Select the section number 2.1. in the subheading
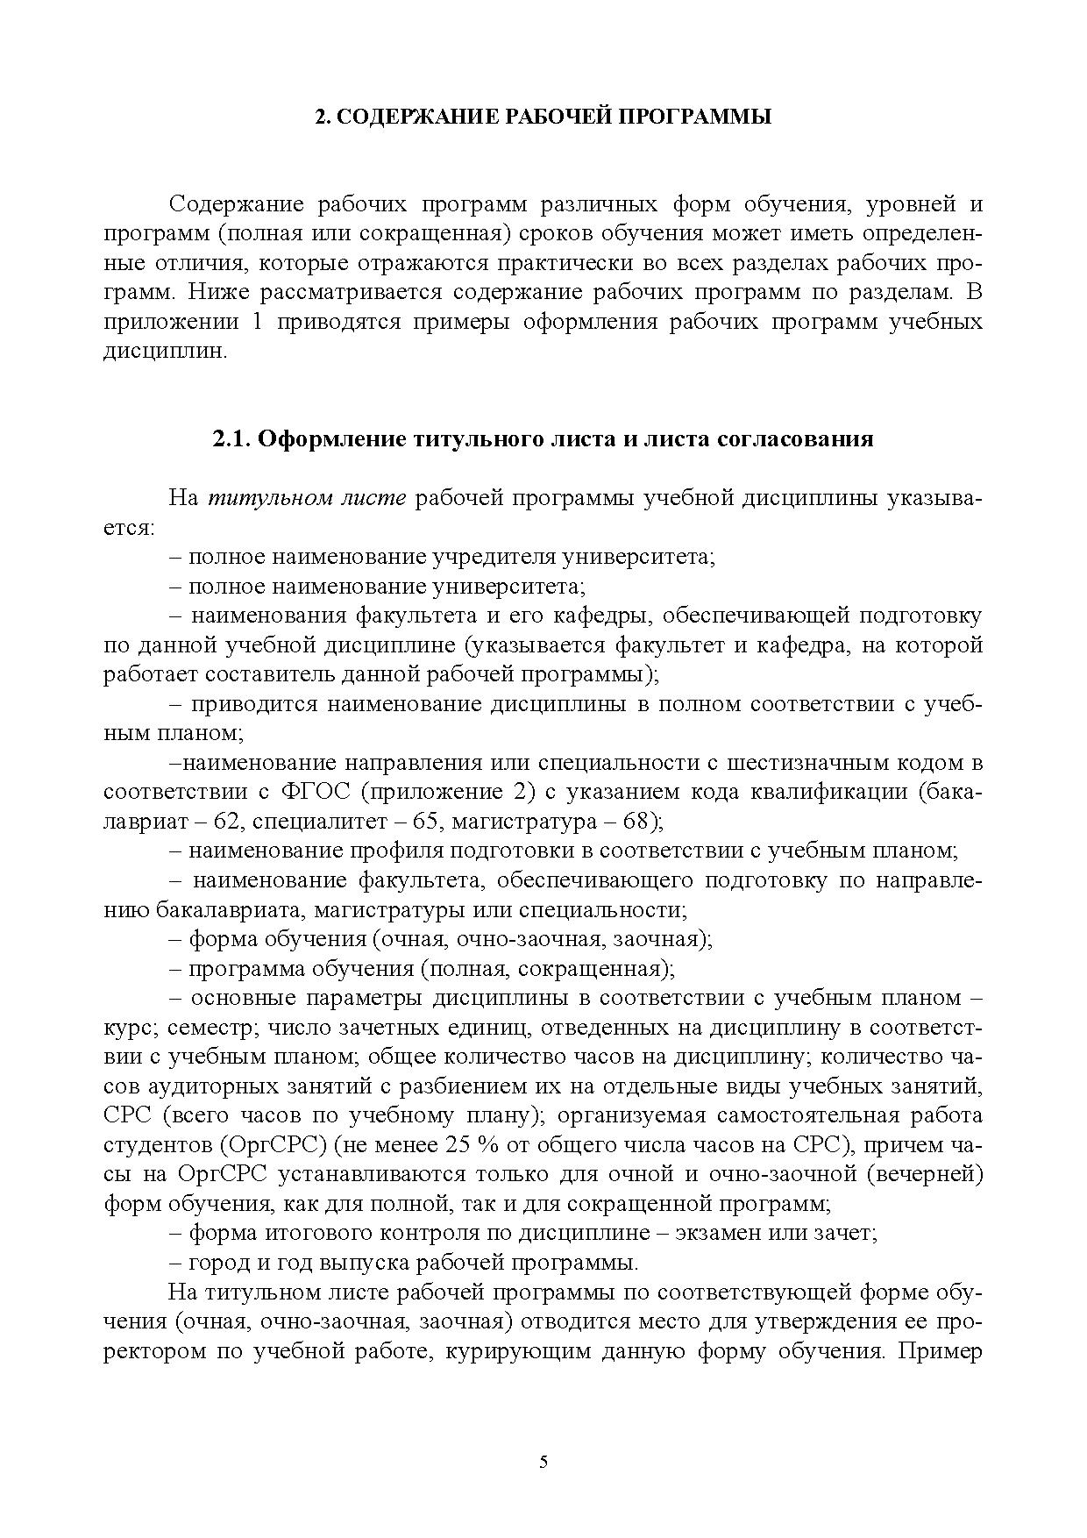point(232,438)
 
